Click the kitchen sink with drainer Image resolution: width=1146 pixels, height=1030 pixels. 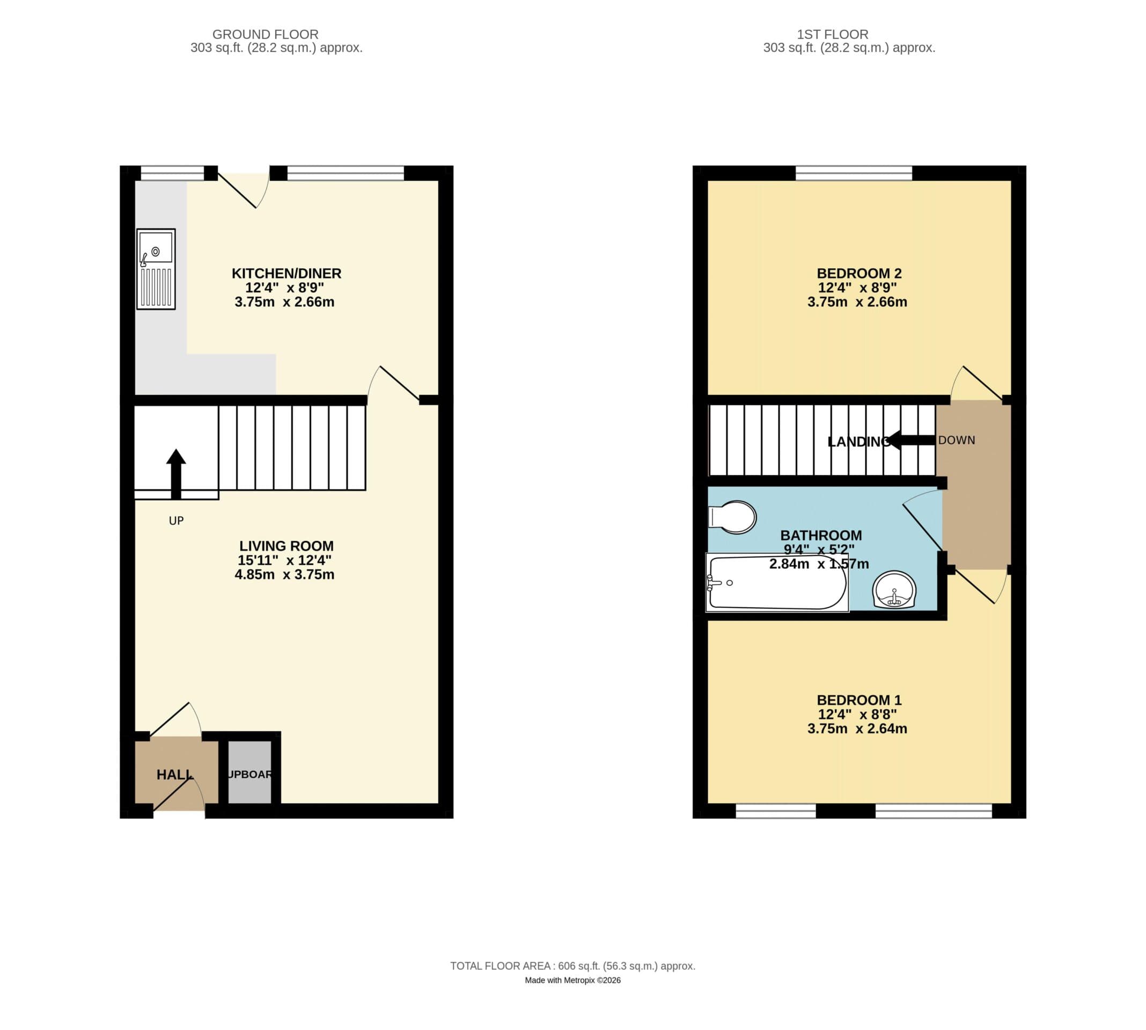tap(156, 269)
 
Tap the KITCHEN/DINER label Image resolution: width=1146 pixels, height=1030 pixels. tap(286, 274)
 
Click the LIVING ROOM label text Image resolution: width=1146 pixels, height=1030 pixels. tap(286, 546)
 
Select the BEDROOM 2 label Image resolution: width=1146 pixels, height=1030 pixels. tap(858, 274)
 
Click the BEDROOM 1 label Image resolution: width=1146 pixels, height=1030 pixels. tap(858, 700)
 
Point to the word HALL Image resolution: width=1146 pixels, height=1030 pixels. tap(174, 774)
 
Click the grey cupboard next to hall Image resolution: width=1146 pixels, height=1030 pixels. tap(249, 774)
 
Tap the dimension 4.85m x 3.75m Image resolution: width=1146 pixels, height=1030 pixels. tap(285, 575)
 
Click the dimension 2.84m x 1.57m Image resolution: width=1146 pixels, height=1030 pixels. tap(819, 564)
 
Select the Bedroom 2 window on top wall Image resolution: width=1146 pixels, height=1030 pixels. tap(854, 173)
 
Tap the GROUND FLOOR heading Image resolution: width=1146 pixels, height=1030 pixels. tap(266, 34)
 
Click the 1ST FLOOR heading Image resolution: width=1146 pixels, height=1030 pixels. tap(833, 34)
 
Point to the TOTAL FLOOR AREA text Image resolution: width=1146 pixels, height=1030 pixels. tap(572, 966)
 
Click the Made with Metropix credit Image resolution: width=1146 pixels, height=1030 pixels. tap(572, 980)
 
